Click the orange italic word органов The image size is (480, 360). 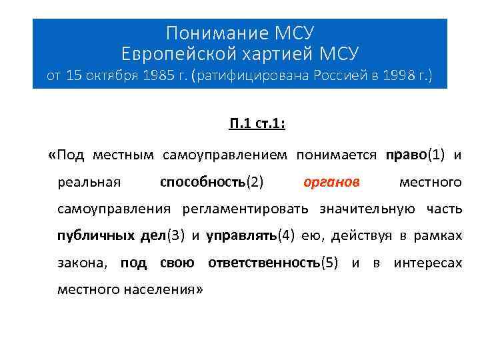tap(331, 182)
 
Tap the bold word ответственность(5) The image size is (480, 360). tap(275, 263)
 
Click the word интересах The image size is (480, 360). tap(427, 263)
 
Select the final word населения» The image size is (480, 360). tap(167, 289)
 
